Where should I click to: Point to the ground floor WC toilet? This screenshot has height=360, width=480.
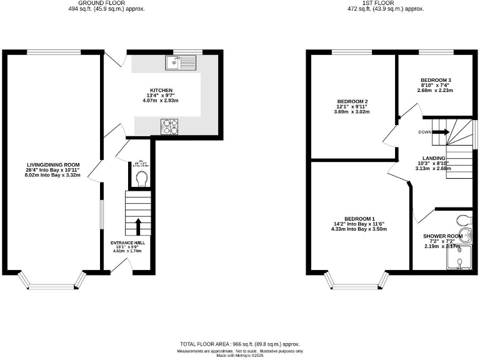click(x=142, y=180)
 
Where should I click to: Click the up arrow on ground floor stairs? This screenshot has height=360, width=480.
click(x=139, y=226)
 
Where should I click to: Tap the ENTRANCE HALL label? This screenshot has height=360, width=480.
click(x=127, y=242)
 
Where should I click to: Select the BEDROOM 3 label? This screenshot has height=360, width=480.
click(x=436, y=81)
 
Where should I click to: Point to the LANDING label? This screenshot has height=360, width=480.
click(x=433, y=158)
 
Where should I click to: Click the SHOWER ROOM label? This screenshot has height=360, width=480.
click(x=442, y=236)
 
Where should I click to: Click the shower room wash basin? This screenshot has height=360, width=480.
click(x=465, y=236)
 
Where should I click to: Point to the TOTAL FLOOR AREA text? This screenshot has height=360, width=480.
click(x=240, y=344)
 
